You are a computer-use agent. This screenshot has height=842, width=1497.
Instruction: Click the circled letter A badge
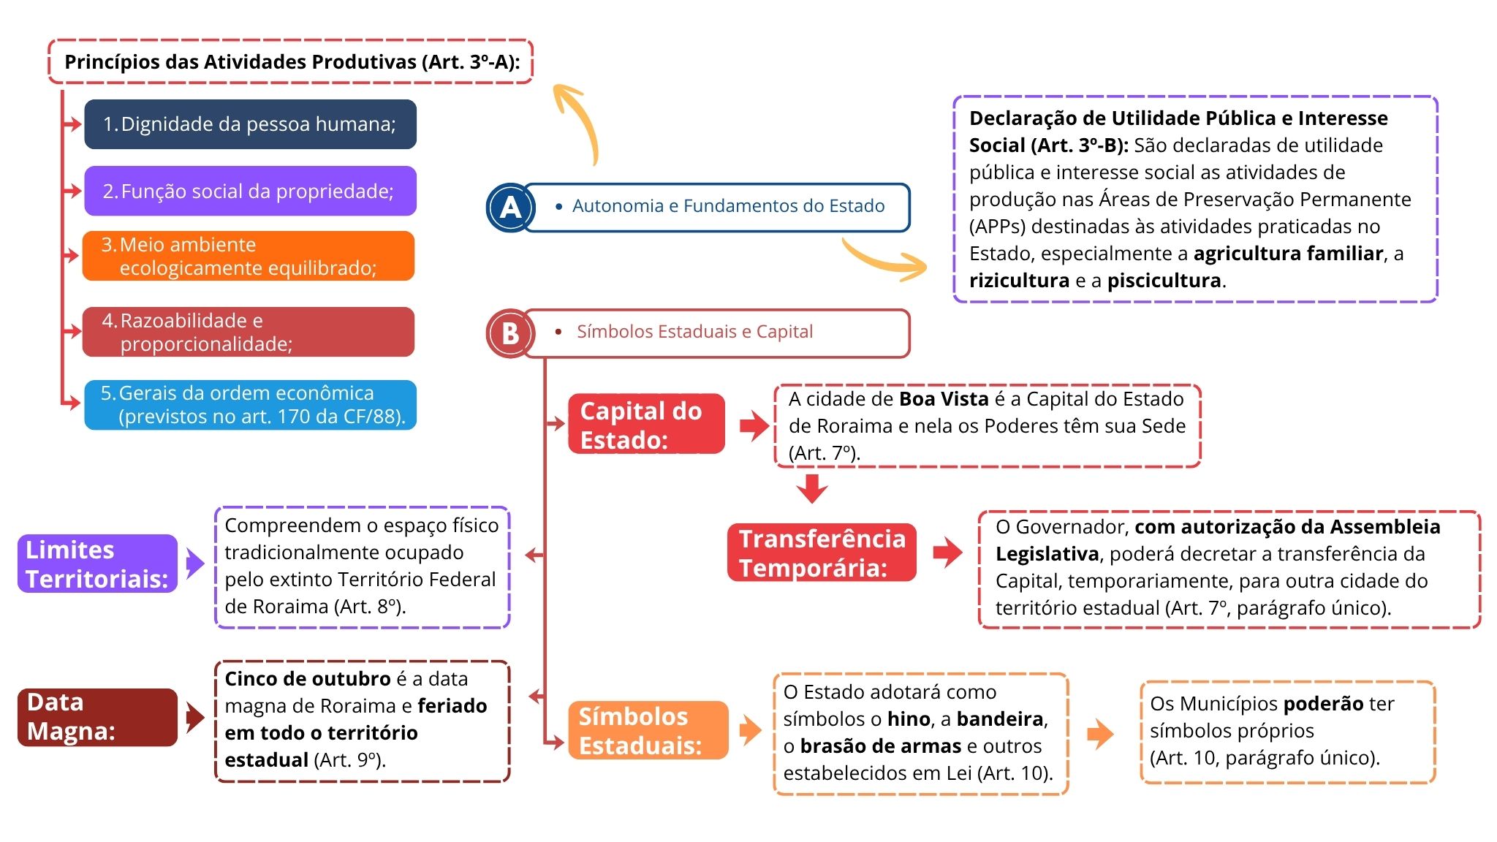coord(510,208)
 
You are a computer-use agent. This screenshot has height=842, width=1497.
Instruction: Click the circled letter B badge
coord(510,333)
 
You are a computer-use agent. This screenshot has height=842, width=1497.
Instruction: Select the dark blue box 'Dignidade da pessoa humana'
coord(250,124)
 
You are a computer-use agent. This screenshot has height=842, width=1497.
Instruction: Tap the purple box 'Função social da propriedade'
coord(250,191)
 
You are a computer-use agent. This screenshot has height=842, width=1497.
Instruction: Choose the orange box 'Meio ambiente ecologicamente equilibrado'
coord(249,256)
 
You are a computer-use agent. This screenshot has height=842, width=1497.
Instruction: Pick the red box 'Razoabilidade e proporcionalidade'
coord(249,332)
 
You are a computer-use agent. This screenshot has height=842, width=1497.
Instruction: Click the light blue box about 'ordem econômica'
coord(250,405)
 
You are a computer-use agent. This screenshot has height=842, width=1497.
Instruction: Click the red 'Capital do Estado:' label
coord(647,424)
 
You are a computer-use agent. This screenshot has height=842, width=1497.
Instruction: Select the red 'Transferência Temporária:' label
coord(822,553)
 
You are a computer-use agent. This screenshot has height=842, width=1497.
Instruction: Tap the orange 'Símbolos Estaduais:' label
coord(648,730)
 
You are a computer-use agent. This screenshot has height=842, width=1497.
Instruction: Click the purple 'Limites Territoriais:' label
coord(97,564)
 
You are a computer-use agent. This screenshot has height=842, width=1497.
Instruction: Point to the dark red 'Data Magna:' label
coord(97,717)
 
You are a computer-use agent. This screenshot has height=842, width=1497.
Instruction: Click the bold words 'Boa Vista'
coord(944,399)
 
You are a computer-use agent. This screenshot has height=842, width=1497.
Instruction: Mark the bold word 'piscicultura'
coord(1164,281)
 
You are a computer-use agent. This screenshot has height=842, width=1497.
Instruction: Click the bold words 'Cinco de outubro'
coord(308,679)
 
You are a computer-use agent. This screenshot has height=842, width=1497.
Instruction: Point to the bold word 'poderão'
coord(1323,704)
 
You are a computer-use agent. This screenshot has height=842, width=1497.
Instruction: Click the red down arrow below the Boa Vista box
coord(812,488)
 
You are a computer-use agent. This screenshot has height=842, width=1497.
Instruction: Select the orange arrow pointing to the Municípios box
coord(1100,734)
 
